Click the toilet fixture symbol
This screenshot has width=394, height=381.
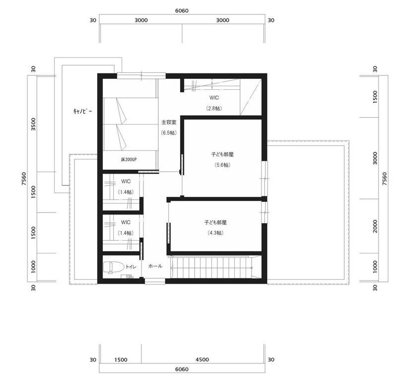(x=114, y=267)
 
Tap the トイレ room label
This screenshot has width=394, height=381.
(x=131, y=267)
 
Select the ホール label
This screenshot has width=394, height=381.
(x=155, y=266)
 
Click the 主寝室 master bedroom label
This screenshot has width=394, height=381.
(x=169, y=123)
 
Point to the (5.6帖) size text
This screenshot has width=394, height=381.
(x=222, y=165)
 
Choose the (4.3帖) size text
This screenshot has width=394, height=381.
(x=215, y=233)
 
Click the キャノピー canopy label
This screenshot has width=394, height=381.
(x=83, y=111)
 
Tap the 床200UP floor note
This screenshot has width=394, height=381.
(x=129, y=159)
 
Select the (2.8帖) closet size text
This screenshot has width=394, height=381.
(x=214, y=109)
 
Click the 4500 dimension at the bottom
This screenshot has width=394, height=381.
(x=202, y=360)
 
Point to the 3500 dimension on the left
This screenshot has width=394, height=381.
(x=33, y=124)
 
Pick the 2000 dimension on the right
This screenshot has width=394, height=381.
(x=375, y=226)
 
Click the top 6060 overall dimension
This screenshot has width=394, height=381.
(x=182, y=11)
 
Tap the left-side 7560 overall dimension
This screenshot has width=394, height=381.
(x=24, y=179)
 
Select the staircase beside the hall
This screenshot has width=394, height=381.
(x=211, y=267)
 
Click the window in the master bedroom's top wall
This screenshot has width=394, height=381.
(x=141, y=75)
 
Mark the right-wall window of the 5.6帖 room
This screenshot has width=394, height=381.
(x=264, y=178)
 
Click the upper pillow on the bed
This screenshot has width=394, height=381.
(x=121, y=111)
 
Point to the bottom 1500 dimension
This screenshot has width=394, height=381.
(x=121, y=360)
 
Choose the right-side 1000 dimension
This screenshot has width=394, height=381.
(x=375, y=267)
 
